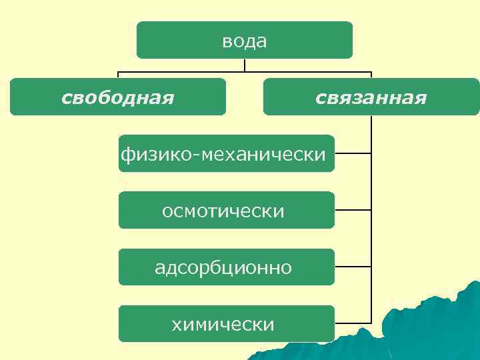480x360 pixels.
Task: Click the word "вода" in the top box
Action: pos(245,41)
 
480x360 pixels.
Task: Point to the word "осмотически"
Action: pos(223,211)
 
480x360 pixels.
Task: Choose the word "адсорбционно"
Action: pos(223,268)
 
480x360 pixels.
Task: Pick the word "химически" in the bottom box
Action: pos(223,325)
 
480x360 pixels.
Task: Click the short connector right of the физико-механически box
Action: pos(353,153)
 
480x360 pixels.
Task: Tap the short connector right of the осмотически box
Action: pos(353,210)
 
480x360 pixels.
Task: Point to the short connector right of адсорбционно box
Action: pos(353,267)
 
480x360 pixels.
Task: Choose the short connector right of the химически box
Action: pos(353,323)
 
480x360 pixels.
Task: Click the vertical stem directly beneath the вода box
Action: pos(245,65)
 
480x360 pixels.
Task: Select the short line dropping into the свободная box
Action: pos(118,75)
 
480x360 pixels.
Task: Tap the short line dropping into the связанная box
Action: pos(371,75)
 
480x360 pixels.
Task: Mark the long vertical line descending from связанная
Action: pos(371,220)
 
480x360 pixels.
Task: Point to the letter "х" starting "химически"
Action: pos(177,325)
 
